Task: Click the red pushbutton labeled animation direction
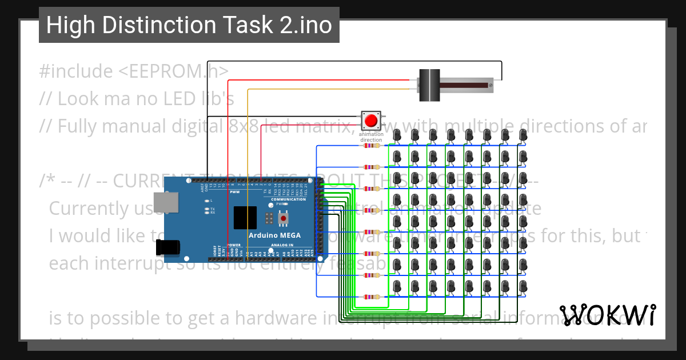click(371, 121)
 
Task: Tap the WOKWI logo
click(607, 314)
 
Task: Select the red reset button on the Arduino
click(283, 218)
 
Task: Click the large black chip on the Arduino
click(245, 218)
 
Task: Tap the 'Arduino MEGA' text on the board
click(274, 235)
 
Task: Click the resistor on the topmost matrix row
click(372, 145)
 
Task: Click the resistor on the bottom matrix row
click(372, 297)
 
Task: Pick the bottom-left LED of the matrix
click(397, 286)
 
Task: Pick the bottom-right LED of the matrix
click(523, 286)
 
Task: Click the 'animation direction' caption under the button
click(371, 137)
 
